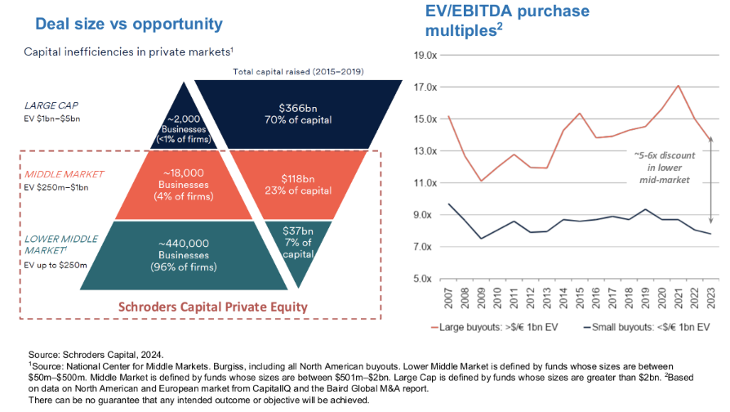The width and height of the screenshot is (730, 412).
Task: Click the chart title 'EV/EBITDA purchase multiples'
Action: (507, 20)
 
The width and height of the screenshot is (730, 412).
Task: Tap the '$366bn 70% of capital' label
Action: (298, 114)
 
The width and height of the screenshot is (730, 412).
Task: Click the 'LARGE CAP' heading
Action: (51, 105)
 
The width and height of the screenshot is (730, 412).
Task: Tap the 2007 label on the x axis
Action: (450, 298)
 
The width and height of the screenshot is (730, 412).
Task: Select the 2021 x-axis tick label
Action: (679, 298)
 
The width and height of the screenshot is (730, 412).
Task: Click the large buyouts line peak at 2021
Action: (679, 86)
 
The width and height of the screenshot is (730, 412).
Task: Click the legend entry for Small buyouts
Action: (643, 328)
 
